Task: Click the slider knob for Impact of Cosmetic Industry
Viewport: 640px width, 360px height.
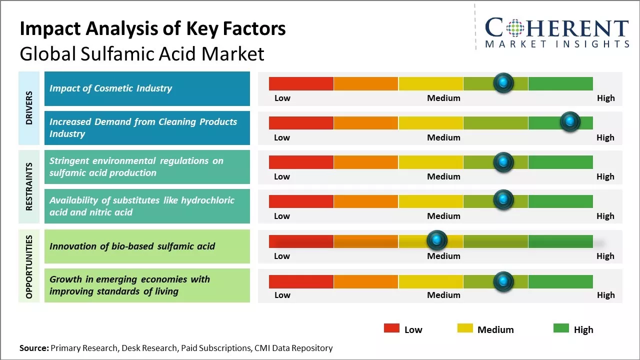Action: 503,82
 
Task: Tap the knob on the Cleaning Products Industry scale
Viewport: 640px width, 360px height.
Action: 569,121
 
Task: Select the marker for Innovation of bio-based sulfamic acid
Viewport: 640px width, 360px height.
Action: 437,240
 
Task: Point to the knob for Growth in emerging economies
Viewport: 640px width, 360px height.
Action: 503,281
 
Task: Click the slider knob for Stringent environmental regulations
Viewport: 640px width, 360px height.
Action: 503,162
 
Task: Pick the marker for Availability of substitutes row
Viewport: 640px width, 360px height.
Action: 503,200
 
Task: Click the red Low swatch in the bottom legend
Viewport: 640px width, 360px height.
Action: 391,328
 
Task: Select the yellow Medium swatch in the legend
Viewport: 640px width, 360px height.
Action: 465,328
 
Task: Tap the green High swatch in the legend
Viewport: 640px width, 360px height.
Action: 561,328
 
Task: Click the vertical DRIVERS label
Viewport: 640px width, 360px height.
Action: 29,108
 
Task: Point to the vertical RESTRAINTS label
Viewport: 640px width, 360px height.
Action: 29,186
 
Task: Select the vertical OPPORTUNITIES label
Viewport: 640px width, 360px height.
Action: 29,266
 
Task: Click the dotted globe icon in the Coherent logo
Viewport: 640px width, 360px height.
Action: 515,28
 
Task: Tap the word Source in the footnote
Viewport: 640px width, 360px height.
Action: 34,348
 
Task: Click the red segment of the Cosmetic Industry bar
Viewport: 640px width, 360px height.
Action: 301,83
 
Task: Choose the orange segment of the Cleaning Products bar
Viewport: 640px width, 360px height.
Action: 365,122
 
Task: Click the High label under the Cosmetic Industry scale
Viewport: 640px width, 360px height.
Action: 605,98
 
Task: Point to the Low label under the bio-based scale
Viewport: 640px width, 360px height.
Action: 282,256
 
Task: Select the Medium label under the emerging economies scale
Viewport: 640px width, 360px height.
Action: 443,295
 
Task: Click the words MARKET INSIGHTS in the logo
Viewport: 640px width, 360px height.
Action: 557,44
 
